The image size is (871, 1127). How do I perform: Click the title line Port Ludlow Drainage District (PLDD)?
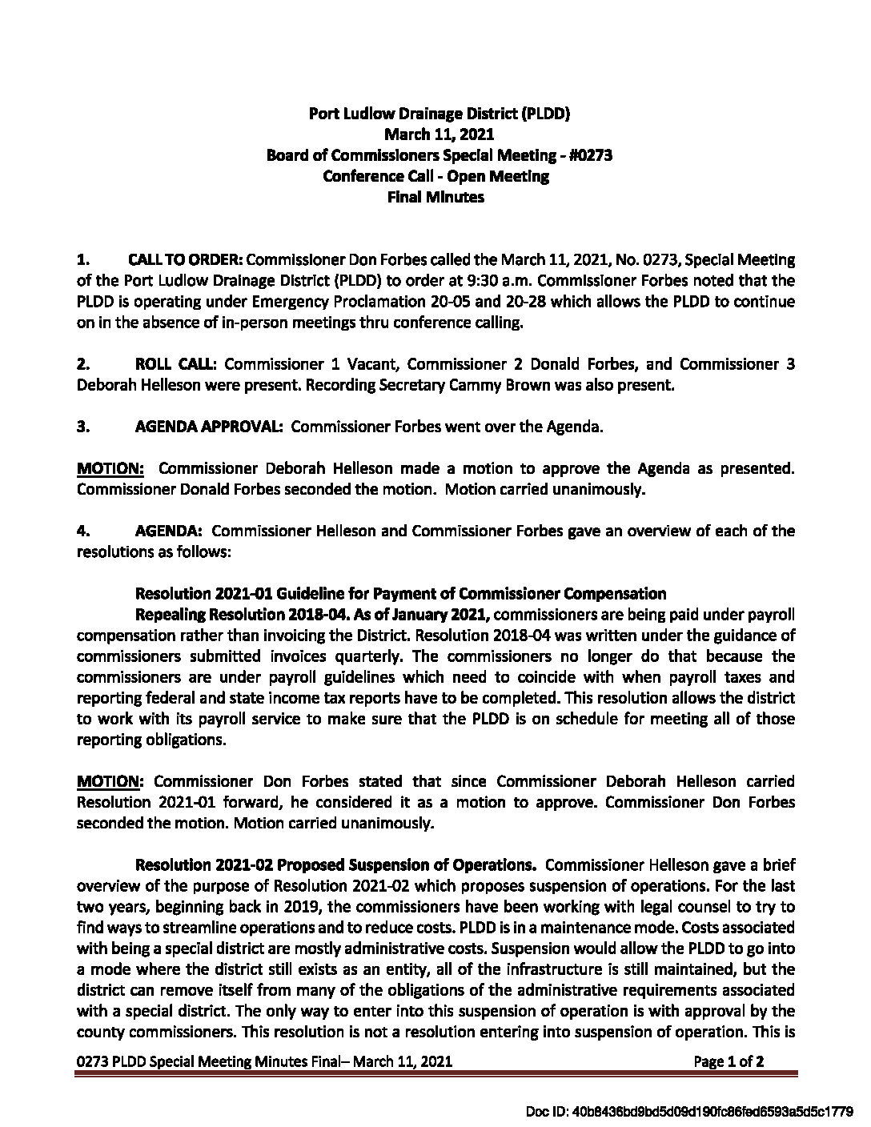click(x=439, y=114)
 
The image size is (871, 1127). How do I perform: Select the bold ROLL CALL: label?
click(x=176, y=365)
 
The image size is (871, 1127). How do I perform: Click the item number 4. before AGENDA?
click(x=82, y=531)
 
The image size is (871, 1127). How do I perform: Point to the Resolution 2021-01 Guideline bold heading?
click(x=400, y=594)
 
